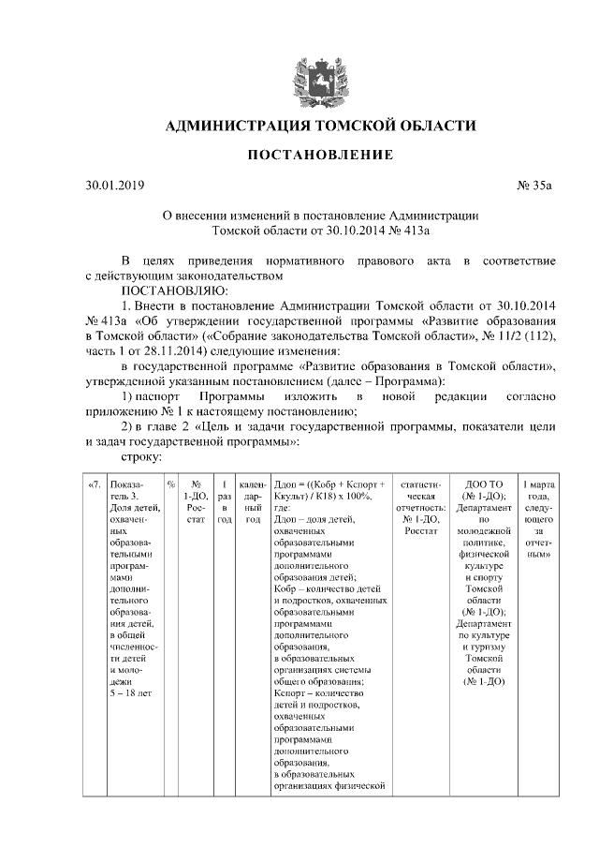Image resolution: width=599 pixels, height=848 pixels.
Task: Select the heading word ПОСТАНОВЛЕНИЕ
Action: [x=300, y=153]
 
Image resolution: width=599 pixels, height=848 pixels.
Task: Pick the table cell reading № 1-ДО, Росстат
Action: [x=197, y=500]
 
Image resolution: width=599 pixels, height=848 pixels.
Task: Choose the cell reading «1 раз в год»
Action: [x=225, y=500]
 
